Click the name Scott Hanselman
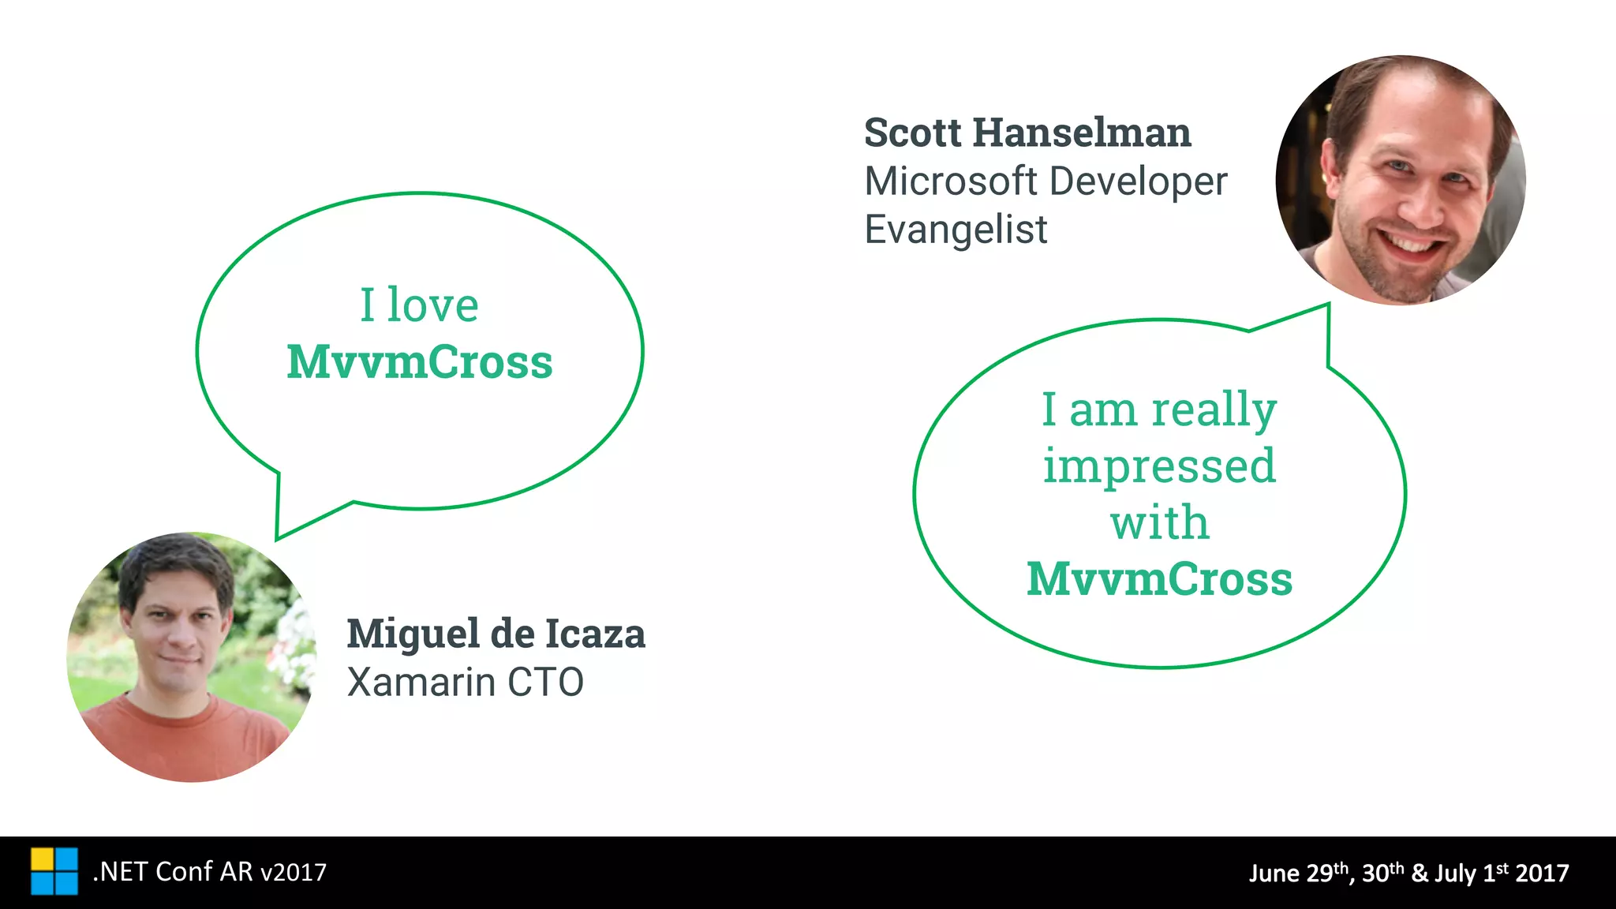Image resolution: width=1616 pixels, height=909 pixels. click(1027, 133)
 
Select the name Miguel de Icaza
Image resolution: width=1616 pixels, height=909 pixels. click(496, 634)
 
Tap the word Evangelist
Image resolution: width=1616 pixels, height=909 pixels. click(956, 230)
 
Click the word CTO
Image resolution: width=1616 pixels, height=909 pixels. click(545, 683)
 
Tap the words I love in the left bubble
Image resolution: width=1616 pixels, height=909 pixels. click(419, 305)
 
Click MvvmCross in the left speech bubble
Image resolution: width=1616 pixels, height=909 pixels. click(419, 362)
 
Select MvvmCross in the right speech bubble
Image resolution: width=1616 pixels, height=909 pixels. click(1159, 579)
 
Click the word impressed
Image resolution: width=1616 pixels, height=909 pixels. click(1159, 466)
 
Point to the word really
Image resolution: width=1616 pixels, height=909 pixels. click(1214, 410)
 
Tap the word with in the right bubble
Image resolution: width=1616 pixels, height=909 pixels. click(1159, 522)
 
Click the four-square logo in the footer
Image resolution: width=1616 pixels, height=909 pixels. click(54, 872)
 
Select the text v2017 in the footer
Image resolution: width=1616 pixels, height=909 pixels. click(293, 872)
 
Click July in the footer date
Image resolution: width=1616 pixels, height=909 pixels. click(1455, 873)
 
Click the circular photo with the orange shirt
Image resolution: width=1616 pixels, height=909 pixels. click(192, 657)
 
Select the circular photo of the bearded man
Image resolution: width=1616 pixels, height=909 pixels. click(1401, 180)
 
